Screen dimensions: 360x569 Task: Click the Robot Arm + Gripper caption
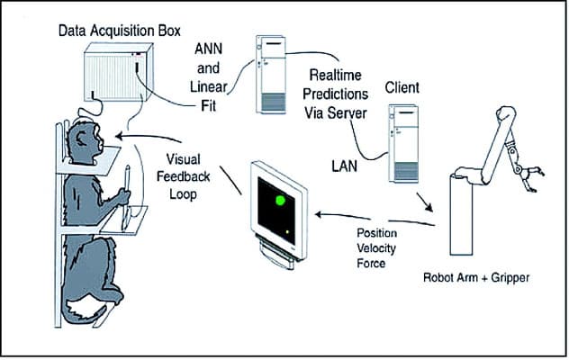[476, 277]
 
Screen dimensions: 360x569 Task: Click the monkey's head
[86, 146]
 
